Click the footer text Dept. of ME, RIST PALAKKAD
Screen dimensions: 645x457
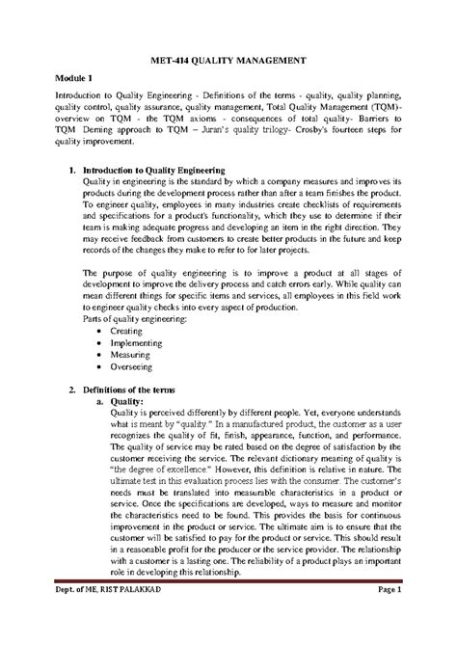point(102,617)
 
